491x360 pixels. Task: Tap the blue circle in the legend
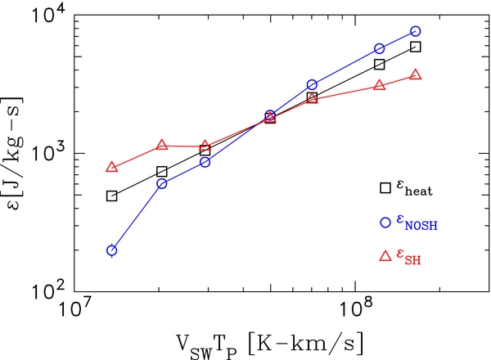click(385, 222)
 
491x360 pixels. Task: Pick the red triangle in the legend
click(385, 255)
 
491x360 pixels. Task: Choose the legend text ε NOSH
click(417, 223)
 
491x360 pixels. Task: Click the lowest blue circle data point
click(112, 250)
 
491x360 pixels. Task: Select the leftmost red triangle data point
click(112, 167)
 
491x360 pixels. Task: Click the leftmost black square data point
click(112, 196)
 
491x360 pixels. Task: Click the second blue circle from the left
click(162, 183)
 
